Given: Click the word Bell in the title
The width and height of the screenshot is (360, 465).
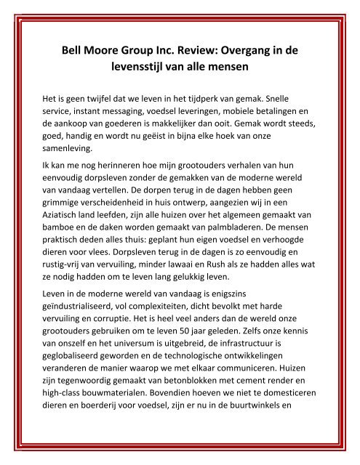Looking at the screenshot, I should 73,53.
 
